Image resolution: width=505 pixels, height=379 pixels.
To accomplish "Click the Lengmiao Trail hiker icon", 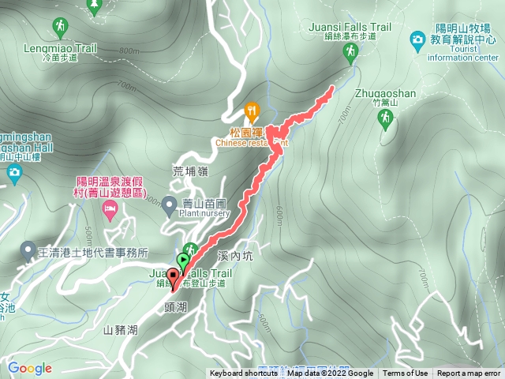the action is [x=61, y=30].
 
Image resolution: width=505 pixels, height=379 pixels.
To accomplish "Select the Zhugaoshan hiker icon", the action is [x=385, y=118].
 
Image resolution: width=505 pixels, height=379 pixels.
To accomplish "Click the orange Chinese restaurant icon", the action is [x=252, y=110].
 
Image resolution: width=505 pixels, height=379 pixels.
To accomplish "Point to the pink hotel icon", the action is [x=110, y=211].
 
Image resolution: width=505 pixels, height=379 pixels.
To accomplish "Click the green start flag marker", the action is [x=184, y=260].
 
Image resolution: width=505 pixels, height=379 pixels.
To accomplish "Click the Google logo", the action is [x=30, y=368].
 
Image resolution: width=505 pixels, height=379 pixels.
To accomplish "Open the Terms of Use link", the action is [x=406, y=373].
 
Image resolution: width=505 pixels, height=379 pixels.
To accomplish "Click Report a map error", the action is [x=469, y=373].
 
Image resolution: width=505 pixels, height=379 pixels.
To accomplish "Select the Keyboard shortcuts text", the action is [x=244, y=373].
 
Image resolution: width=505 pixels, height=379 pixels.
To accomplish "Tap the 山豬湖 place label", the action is [x=120, y=329].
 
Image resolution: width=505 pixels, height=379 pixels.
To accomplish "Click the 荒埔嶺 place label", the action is [x=189, y=171].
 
